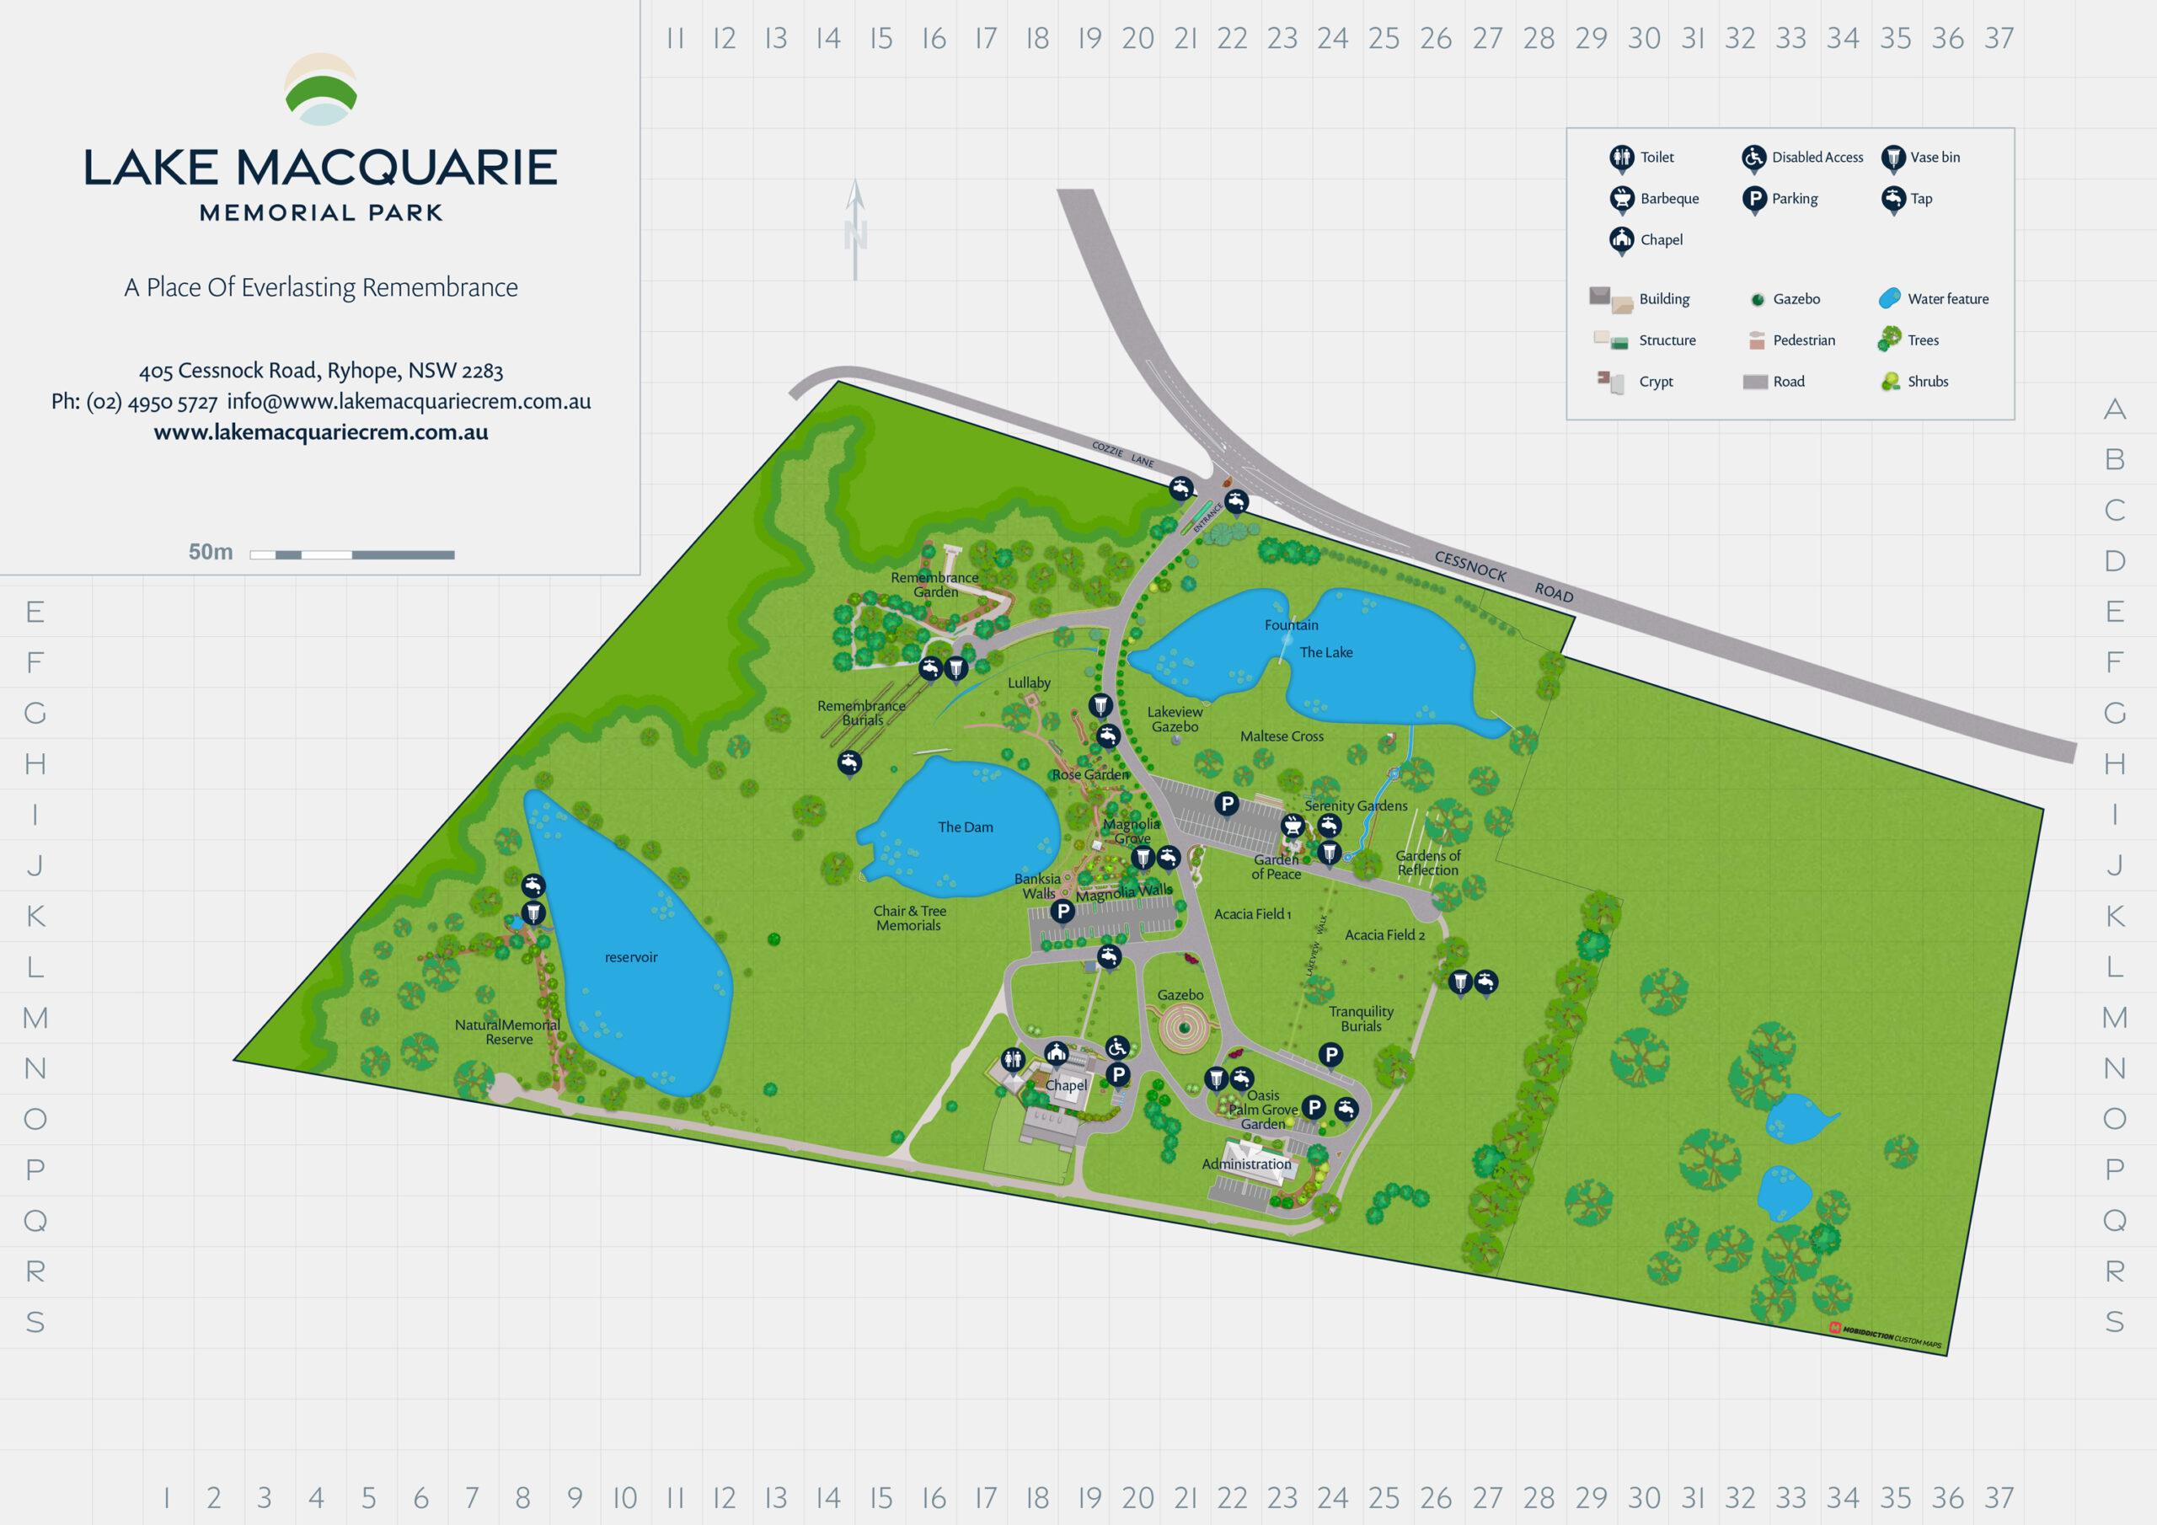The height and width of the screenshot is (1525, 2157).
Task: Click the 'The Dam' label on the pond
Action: (x=965, y=827)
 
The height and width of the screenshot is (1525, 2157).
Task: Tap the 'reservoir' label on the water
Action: (x=630, y=957)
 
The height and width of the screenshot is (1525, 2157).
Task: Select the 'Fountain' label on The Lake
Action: (x=1291, y=625)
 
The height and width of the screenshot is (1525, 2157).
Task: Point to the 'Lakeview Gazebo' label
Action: (x=1175, y=719)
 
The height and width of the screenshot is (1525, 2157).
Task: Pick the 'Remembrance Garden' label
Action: (x=934, y=585)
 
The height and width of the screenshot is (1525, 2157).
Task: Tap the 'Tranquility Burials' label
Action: (x=1360, y=1019)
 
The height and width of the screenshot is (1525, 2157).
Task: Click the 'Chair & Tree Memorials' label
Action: (x=909, y=918)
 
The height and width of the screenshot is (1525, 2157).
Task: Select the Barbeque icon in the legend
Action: (x=1621, y=198)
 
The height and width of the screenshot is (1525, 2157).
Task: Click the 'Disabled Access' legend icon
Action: (x=1753, y=157)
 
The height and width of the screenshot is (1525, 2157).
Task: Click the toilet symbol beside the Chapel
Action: (x=1012, y=1059)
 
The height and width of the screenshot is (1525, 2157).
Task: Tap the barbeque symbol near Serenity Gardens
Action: (x=1293, y=825)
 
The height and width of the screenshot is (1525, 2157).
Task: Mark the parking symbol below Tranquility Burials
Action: (x=1330, y=1054)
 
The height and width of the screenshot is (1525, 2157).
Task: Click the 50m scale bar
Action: (x=351, y=554)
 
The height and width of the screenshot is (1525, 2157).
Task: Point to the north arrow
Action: (x=855, y=230)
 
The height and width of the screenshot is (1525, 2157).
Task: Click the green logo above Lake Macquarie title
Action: (x=320, y=90)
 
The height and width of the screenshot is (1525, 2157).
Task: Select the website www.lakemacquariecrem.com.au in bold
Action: (x=320, y=432)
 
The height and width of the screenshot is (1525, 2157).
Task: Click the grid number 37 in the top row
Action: (x=1999, y=39)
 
